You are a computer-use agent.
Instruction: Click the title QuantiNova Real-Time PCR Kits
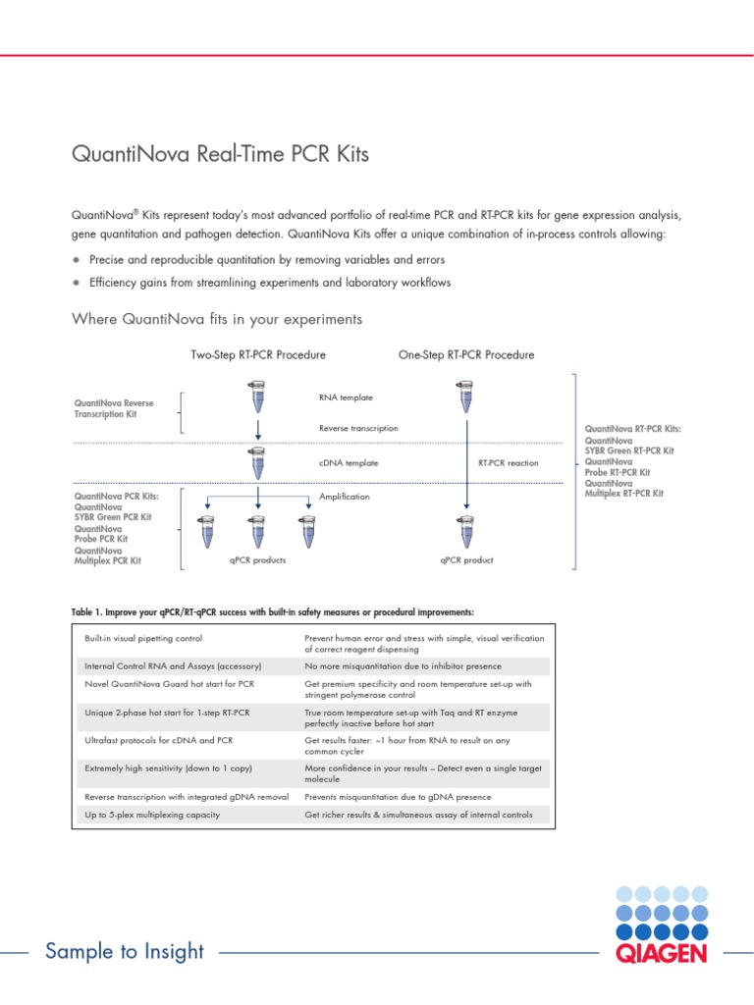221,155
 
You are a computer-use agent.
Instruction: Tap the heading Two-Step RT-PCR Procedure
258,354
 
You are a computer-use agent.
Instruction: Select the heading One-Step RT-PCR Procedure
466,354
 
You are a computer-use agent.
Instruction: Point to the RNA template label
346,397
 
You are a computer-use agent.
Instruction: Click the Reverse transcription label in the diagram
358,428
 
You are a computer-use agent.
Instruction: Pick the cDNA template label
349,462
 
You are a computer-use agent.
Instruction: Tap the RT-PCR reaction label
508,462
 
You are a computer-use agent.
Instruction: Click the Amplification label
345,497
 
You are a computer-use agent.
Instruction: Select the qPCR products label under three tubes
257,560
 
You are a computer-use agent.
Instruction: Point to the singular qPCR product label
466,560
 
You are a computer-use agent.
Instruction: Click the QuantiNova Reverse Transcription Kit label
114,408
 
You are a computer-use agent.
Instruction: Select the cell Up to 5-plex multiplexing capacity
152,815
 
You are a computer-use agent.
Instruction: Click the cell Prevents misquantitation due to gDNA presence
398,797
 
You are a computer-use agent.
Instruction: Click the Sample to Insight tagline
125,951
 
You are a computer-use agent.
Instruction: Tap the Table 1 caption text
273,611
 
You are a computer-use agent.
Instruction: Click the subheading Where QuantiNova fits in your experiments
218,319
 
